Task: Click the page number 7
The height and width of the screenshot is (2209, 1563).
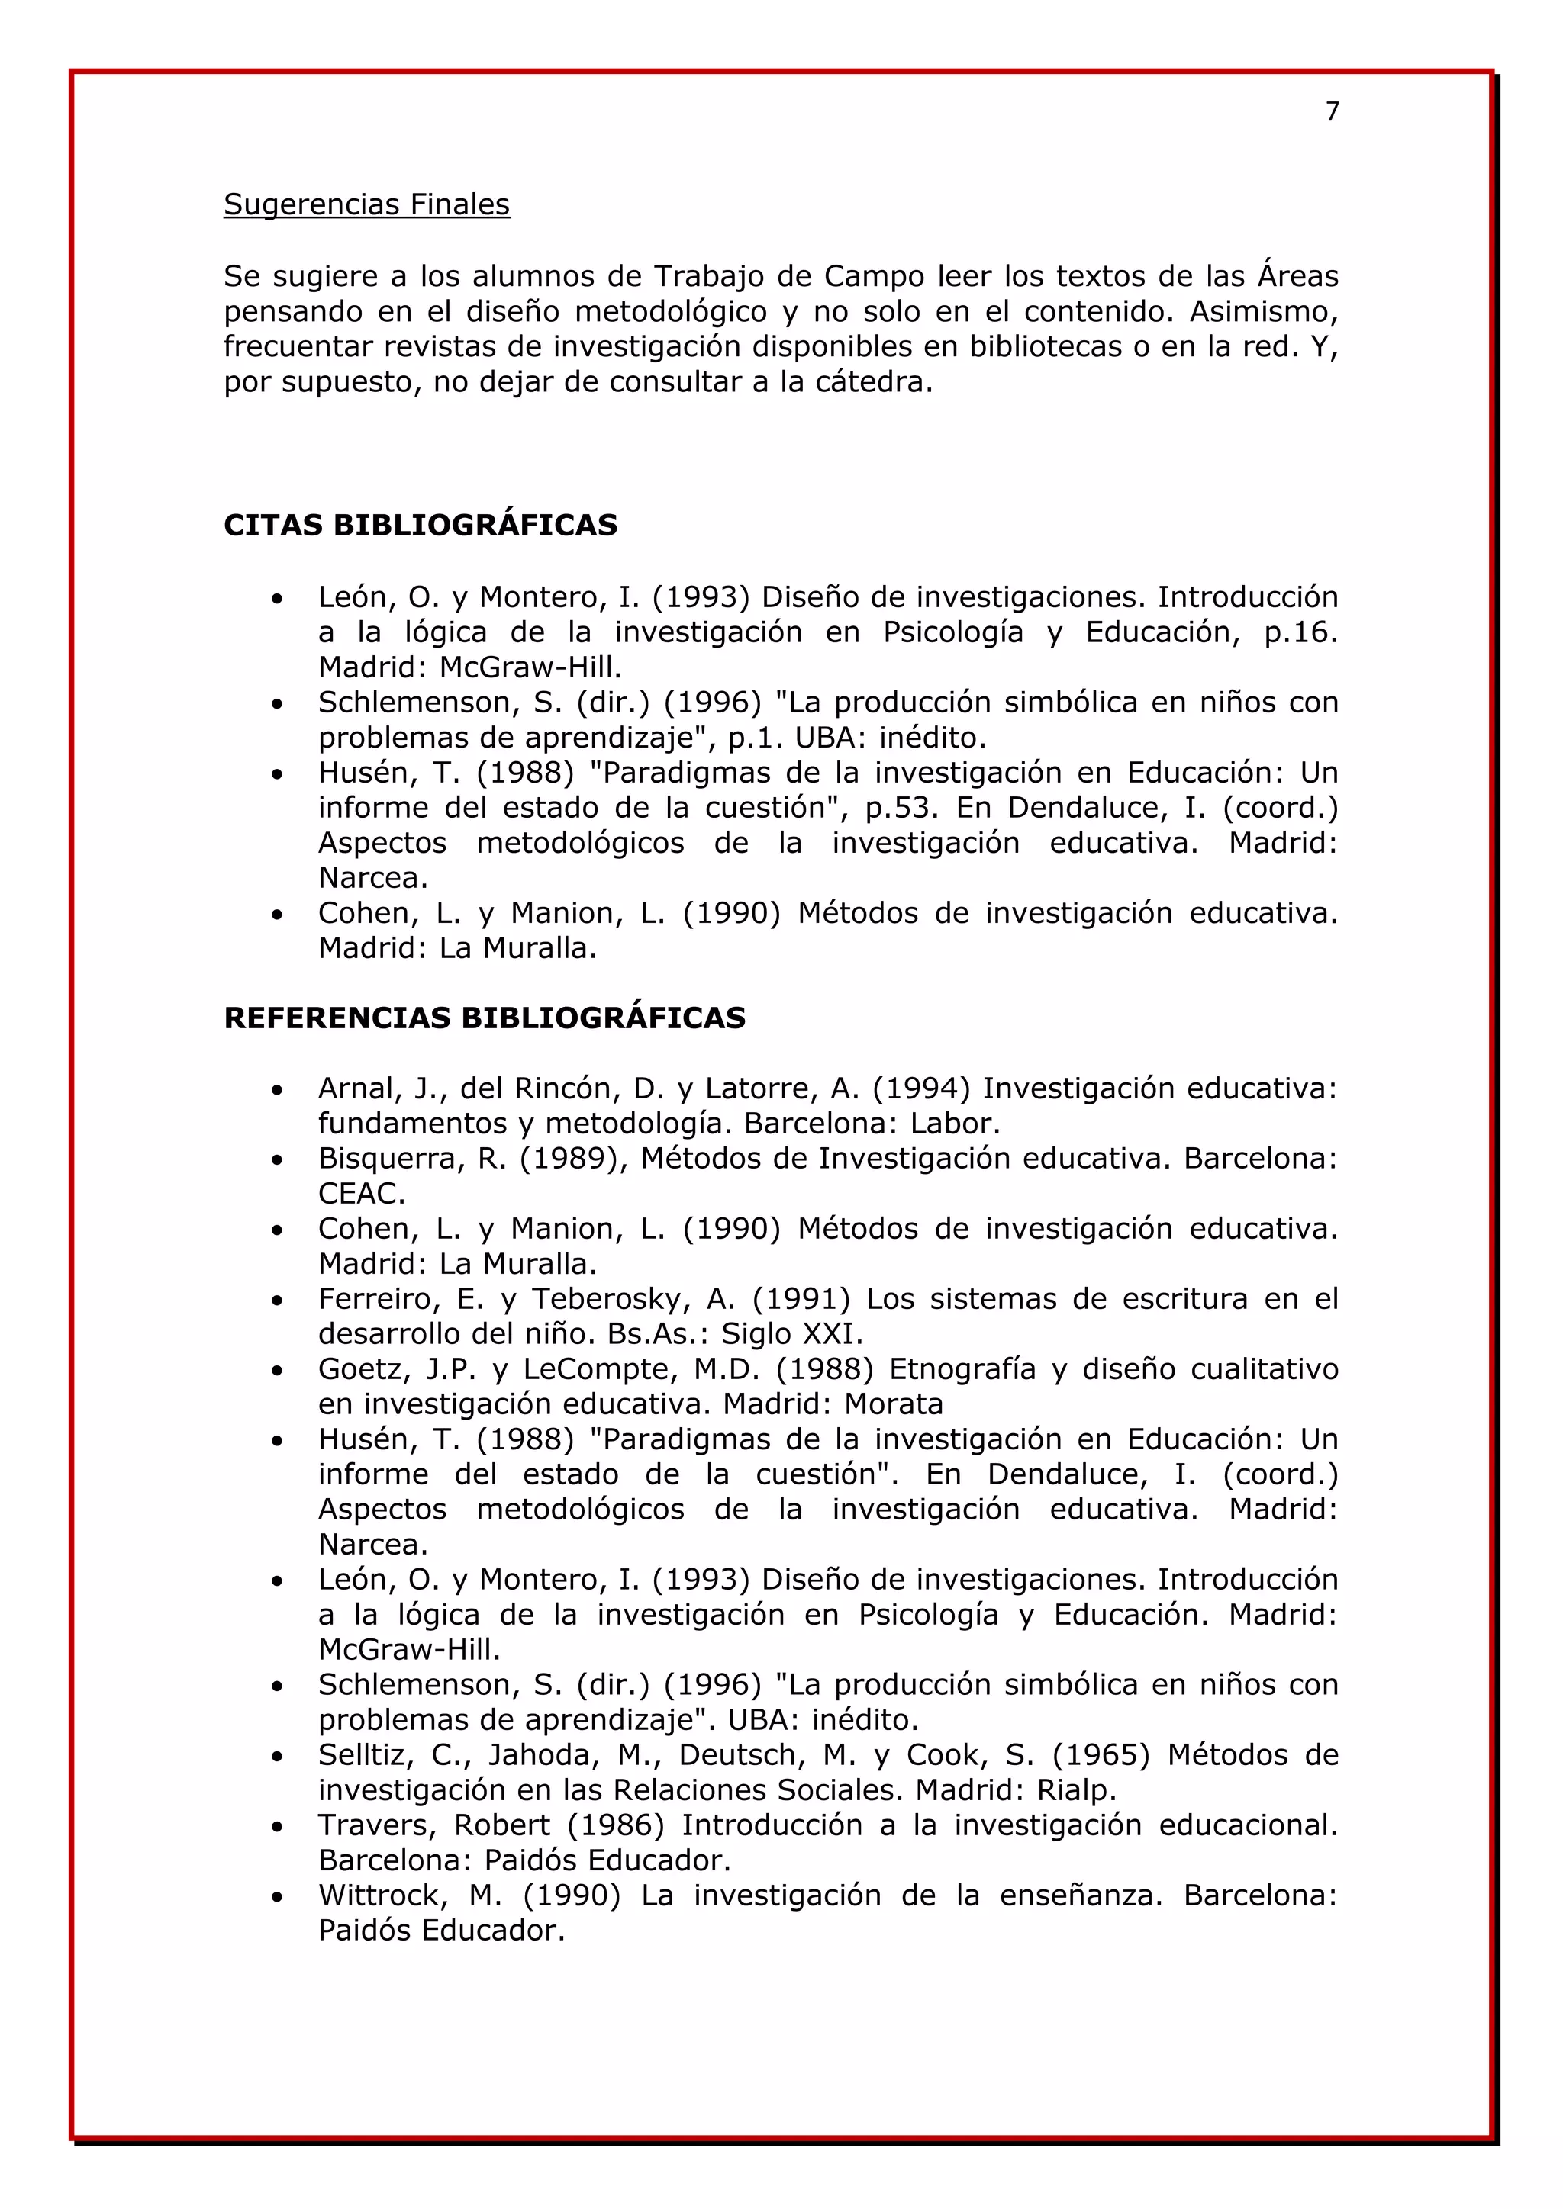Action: pos(1332,111)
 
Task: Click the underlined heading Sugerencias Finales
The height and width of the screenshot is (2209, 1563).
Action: pos(366,205)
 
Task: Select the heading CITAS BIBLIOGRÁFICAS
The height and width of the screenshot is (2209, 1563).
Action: pos(420,526)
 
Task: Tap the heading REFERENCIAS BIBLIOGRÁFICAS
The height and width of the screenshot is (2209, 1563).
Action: pos(484,1018)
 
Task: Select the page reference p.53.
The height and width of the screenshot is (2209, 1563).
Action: pos(901,809)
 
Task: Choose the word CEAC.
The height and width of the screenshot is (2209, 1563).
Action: pos(361,1194)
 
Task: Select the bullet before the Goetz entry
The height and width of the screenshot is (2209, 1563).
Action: pos(277,1371)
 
